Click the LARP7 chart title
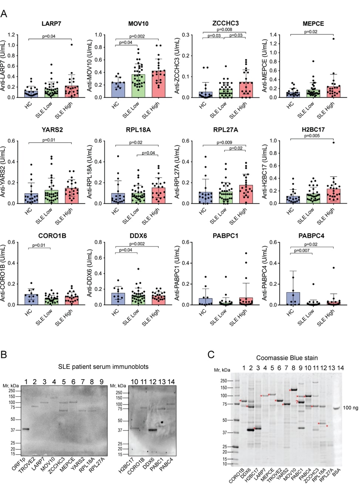[x=51, y=24]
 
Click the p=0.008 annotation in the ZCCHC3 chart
[x=224, y=30]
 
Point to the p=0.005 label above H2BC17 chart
[x=312, y=136]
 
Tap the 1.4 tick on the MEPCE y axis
[x=273, y=35]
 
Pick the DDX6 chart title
[x=138, y=236]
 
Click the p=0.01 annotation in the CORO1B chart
[x=39, y=245]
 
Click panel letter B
[x=4, y=355]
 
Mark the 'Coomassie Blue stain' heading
[x=287, y=358]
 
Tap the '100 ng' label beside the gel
[x=350, y=408]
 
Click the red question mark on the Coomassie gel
[x=297, y=402]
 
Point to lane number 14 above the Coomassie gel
[x=340, y=368]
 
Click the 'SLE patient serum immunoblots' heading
[x=103, y=367]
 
